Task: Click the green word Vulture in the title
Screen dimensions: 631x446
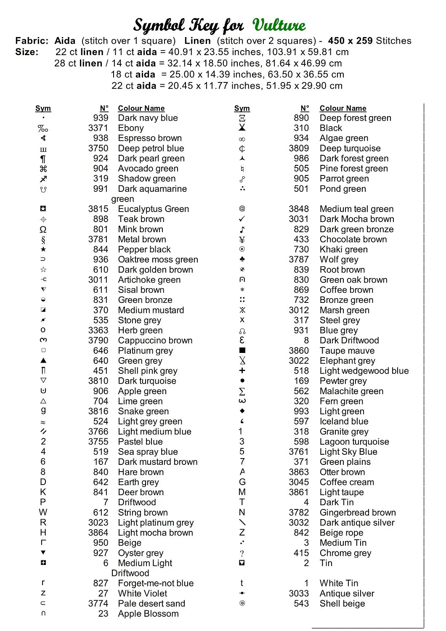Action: pos(279,25)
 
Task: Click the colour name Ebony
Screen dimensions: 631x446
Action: pos(131,128)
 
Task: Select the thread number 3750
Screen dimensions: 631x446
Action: pos(98,148)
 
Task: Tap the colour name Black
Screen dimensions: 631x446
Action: pos(331,128)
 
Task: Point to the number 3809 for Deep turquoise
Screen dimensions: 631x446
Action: pos(299,148)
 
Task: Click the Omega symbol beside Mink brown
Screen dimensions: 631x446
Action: pos(43,230)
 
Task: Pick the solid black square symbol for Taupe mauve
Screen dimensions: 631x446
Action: pos(242,350)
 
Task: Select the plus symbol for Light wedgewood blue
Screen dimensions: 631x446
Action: pos(242,371)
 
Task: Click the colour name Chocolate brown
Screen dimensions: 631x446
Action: pos(353,239)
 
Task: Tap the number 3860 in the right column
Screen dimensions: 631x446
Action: pos(299,351)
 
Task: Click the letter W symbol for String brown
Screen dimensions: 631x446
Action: pos(43,512)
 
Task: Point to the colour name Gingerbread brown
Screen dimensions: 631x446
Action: pos(358,512)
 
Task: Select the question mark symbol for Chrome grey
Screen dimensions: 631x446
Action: pos(242,553)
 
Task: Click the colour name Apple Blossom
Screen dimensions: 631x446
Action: pos(148,614)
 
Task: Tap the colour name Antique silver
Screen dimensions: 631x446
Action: pos(347,594)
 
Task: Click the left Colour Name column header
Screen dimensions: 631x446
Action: pos(141,109)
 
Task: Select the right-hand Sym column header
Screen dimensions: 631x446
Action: pos(242,109)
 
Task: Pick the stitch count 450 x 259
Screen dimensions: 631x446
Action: pos(350,41)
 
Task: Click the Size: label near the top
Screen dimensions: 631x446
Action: pos(27,52)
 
